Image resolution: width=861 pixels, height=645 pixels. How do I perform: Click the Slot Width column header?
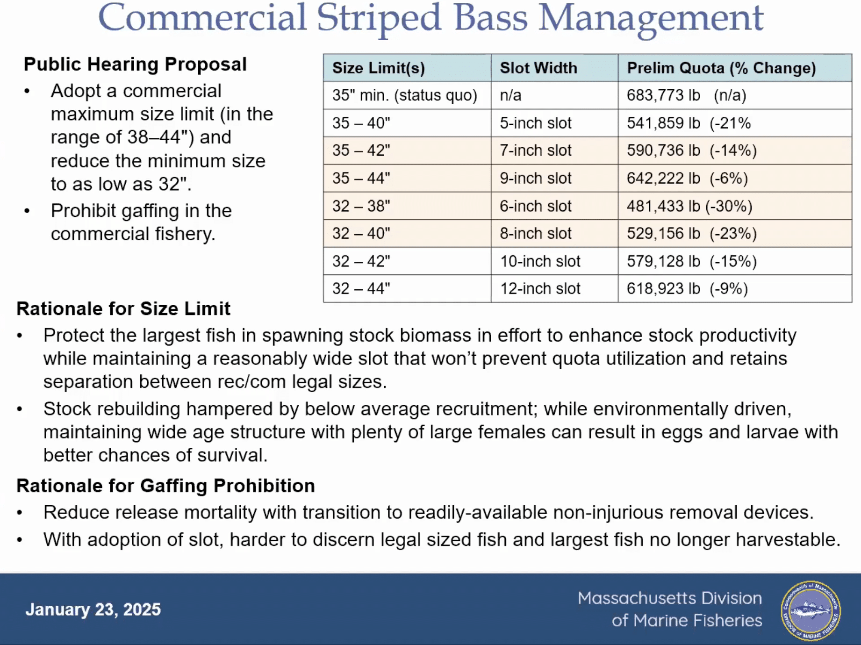(538, 68)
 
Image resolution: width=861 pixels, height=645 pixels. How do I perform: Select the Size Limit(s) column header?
(379, 68)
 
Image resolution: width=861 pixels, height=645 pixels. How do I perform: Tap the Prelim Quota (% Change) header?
(721, 68)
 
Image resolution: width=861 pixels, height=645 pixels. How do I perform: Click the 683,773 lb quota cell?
(687, 95)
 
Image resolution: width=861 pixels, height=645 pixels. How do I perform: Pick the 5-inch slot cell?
(536, 123)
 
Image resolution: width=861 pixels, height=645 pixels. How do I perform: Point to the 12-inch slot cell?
(540, 288)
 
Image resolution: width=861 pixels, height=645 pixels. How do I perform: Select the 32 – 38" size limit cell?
(361, 206)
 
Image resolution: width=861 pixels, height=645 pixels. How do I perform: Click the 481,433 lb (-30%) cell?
(689, 206)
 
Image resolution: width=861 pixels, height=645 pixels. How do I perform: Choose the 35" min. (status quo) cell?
(405, 95)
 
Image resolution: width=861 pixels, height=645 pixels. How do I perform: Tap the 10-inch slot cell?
(540, 261)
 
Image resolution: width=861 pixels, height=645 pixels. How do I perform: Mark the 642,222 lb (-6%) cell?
(688, 179)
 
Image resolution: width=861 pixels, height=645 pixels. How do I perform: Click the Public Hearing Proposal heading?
(135, 64)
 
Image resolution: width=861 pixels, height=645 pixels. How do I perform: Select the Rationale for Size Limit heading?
(123, 309)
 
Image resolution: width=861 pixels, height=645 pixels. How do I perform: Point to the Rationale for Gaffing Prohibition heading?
(165, 486)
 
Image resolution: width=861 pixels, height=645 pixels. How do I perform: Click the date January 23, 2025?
(93, 609)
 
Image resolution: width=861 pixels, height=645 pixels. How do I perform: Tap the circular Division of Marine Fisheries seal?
(811, 610)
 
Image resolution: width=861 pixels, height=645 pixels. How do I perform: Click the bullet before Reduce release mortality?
(20, 513)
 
